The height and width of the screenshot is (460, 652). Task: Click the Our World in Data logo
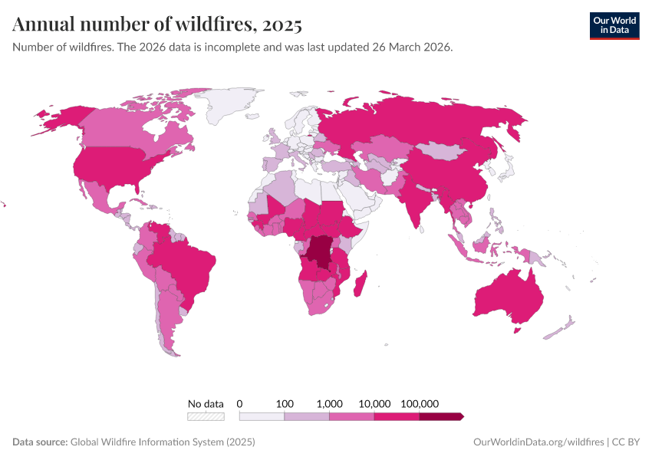tap(614, 25)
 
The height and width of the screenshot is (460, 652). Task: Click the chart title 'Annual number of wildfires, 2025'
tap(157, 25)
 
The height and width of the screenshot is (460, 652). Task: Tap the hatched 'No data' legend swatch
tap(206, 416)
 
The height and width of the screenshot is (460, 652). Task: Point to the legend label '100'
tap(285, 403)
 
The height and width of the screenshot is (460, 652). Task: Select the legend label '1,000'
tap(330, 403)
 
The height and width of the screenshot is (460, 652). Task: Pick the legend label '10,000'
tap(375, 403)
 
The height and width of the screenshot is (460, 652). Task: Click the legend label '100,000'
tap(420, 403)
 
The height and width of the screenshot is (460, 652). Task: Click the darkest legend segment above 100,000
tap(441, 416)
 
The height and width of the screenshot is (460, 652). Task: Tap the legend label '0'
tap(240, 403)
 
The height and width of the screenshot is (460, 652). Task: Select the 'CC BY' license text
tap(625, 442)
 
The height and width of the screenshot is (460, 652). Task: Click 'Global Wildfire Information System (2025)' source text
tap(163, 442)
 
